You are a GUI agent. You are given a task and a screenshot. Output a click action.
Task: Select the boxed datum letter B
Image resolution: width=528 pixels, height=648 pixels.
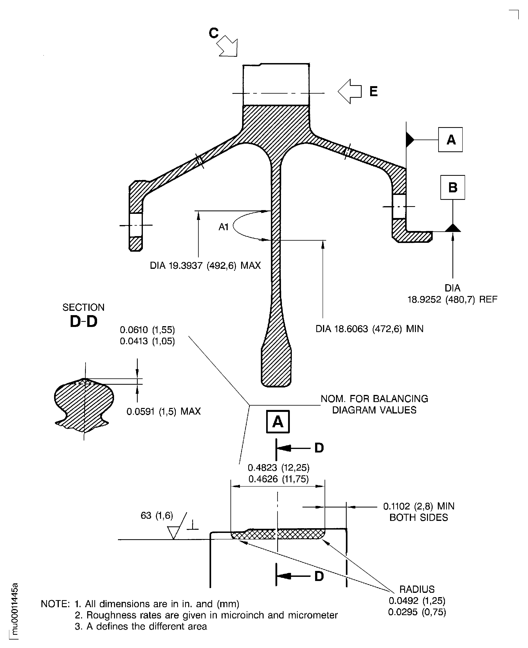click(x=453, y=187)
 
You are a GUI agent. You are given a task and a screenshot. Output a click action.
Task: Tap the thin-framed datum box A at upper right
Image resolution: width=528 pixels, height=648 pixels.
click(x=450, y=140)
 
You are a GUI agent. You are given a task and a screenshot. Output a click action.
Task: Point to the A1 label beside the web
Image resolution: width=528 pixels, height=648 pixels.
click(x=224, y=227)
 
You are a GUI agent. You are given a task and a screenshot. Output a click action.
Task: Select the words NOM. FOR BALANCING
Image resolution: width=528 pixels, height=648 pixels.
click(x=374, y=398)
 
